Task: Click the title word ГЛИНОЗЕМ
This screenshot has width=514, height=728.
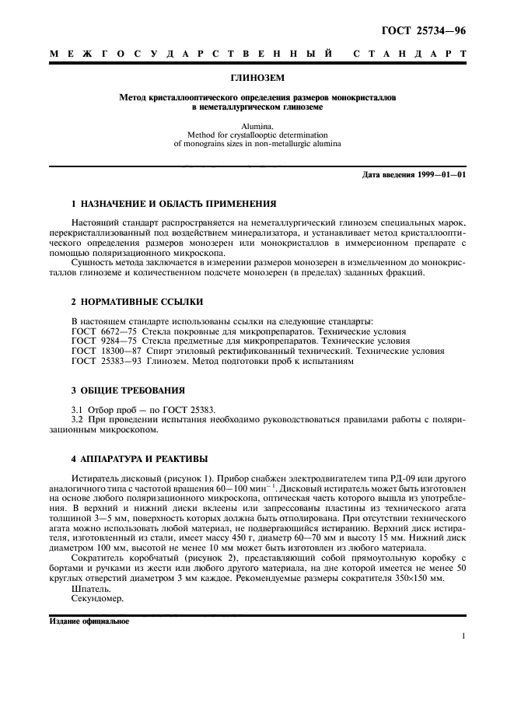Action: click(x=257, y=79)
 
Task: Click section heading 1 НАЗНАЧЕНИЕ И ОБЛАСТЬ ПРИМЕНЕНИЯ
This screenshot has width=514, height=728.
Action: click(x=173, y=204)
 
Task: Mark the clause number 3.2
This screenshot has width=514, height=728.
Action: click(x=78, y=420)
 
